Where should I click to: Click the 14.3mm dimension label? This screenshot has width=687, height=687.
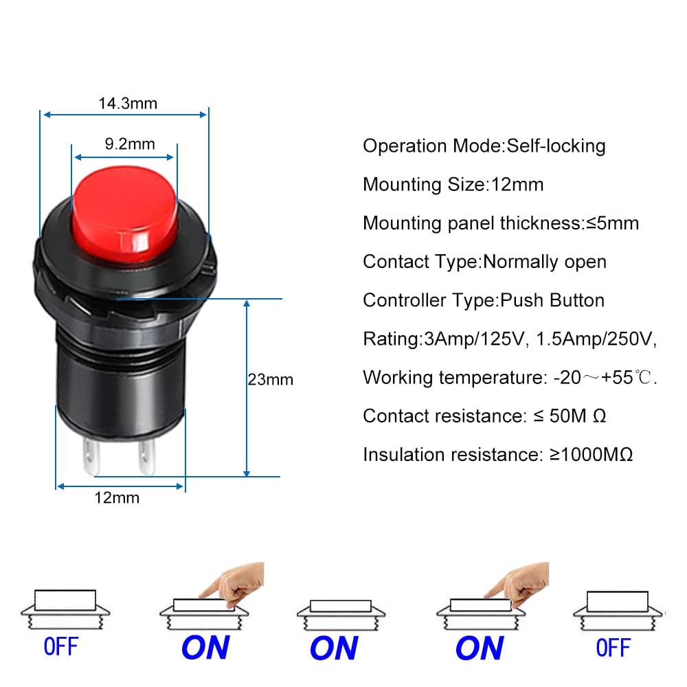click(128, 104)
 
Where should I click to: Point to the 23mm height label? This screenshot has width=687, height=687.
click(270, 379)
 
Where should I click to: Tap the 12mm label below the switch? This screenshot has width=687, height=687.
click(116, 497)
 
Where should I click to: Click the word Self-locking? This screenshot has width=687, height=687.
click(556, 146)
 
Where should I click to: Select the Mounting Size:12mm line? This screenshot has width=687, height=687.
click(453, 184)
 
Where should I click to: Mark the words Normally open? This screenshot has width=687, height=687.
click(545, 262)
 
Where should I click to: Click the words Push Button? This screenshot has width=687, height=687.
click(552, 300)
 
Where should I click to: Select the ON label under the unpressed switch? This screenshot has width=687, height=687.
click(333, 648)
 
